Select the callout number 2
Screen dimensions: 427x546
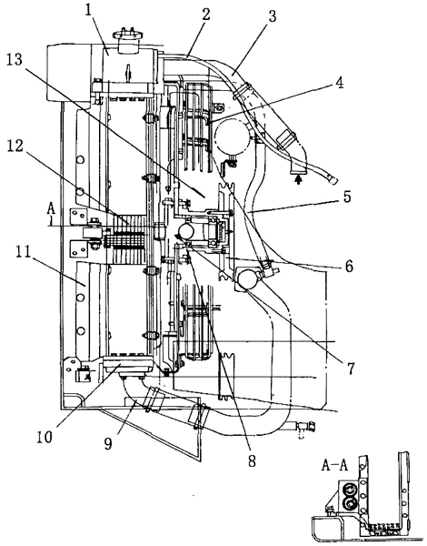(x=206, y=15)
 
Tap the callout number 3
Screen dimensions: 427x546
(x=272, y=16)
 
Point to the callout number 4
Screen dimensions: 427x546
(x=340, y=83)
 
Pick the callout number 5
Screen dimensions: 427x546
(x=347, y=197)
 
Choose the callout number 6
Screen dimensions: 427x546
(x=349, y=267)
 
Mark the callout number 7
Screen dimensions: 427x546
(x=350, y=368)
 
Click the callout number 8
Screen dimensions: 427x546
(x=252, y=460)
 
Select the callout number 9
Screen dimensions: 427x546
(x=108, y=443)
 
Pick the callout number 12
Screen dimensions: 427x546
(x=15, y=147)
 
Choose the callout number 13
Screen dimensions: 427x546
(x=15, y=59)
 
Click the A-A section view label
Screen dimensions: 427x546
(x=334, y=466)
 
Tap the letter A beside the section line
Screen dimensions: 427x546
(x=51, y=208)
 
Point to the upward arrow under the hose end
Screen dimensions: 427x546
(x=298, y=179)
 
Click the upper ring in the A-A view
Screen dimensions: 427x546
(x=349, y=490)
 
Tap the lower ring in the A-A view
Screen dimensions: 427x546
(x=349, y=504)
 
